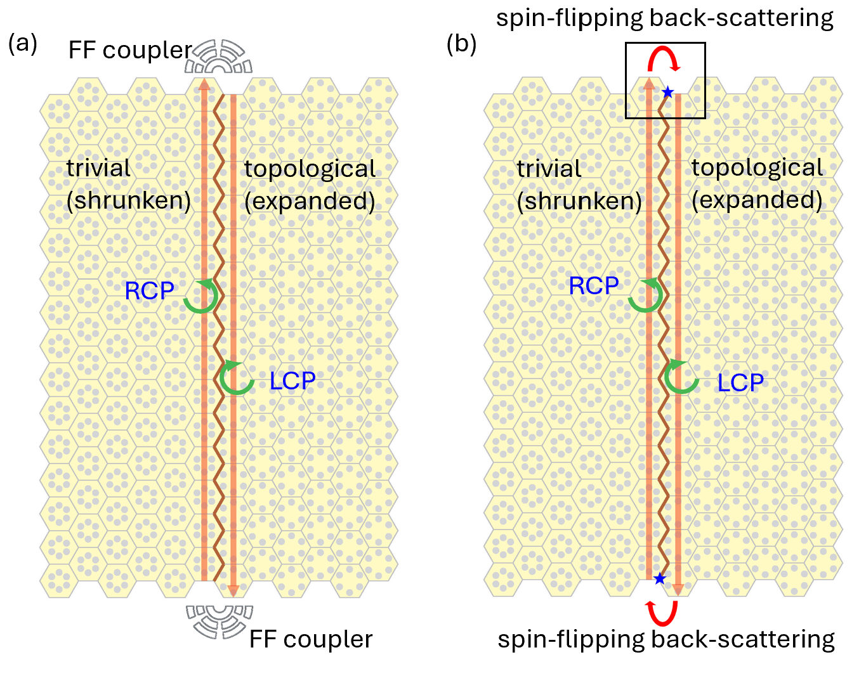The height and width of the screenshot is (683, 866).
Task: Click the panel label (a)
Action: (x=23, y=44)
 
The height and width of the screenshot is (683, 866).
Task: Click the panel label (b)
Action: (x=462, y=44)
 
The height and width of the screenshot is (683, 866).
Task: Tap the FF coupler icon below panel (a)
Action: (x=220, y=620)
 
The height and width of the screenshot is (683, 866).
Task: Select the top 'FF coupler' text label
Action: (x=130, y=50)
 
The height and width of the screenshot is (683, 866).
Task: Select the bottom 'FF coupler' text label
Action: (x=311, y=639)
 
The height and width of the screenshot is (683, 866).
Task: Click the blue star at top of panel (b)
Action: (x=667, y=93)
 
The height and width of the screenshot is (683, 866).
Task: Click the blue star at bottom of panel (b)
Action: (x=660, y=578)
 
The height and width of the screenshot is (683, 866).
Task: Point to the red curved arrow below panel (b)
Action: (x=662, y=613)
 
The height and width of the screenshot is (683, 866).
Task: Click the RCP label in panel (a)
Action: (x=149, y=291)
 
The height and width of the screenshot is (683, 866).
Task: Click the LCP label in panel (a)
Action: (x=292, y=381)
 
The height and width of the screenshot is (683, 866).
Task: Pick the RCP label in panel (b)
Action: (x=593, y=286)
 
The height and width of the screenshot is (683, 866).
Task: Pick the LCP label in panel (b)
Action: (x=740, y=383)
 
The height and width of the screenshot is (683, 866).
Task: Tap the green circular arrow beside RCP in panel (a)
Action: (x=201, y=296)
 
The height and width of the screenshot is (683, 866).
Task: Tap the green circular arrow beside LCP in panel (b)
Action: (x=681, y=377)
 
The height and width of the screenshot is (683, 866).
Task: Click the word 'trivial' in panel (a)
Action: (x=98, y=168)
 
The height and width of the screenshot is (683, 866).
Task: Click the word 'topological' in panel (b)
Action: (x=757, y=167)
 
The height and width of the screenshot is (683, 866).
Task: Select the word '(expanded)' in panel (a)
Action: (x=310, y=201)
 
